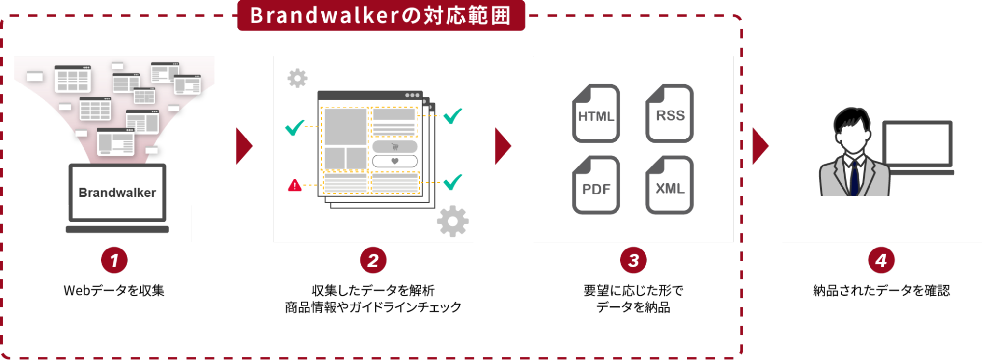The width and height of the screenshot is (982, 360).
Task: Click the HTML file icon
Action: (596, 114)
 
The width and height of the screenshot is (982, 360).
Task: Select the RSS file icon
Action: (670, 114)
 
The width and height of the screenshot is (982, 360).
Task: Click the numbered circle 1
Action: (114, 260)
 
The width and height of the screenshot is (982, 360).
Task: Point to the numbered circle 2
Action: (373, 260)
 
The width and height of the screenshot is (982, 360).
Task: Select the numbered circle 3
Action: (633, 260)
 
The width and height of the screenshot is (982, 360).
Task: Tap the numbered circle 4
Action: (881, 260)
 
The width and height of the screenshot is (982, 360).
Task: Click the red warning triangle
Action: (295, 185)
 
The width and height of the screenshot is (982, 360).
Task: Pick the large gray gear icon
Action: (452, 221)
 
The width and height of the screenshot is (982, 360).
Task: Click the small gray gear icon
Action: (297, 78)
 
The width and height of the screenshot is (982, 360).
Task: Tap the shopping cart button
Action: (394, 146)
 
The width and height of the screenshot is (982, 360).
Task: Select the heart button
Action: (394, 161)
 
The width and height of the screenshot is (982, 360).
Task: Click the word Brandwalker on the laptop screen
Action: (117, 193)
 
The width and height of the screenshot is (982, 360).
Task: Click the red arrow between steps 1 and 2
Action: (244, 146)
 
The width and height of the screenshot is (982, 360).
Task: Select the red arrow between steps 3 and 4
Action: (760, 146)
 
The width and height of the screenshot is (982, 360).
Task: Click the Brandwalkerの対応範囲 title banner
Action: (381, 16)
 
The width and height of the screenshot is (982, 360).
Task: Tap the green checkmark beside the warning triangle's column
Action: (295, 128)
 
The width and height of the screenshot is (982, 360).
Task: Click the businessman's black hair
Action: (851, 119)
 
